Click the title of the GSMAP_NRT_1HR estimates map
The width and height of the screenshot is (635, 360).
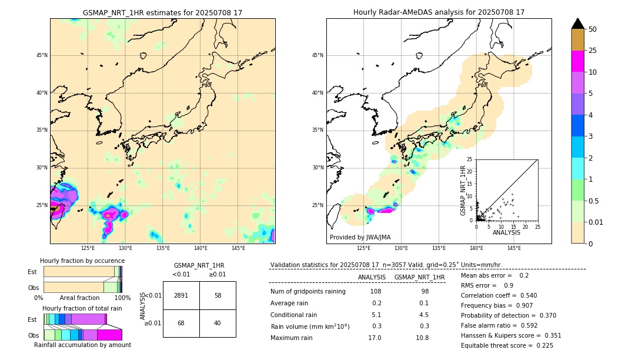click(162, 12)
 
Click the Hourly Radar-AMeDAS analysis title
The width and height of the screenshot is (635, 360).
click(439, 12)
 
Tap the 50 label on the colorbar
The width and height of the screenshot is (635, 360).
click(593, 29)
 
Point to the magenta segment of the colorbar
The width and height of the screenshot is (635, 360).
click(577, 61)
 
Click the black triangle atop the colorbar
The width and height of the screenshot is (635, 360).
click(577, 24)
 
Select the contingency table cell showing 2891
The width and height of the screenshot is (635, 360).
click(181, 295)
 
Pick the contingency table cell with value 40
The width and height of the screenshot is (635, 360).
click(218, 323)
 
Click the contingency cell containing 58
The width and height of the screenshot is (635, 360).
click(218, 295)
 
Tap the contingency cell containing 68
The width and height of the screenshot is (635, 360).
click(181, 323)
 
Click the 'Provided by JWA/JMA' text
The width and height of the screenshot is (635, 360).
click(360, 237)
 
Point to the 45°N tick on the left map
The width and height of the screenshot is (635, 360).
click(42, 55)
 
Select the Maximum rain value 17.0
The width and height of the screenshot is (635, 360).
click(374, 338)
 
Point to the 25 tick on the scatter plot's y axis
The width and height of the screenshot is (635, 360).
click(470, 159)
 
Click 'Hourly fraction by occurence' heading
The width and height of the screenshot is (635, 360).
click(82, 261)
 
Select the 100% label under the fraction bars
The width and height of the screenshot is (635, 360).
click(122, 298)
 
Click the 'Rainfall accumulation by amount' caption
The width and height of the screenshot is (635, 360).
click(82, 345)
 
